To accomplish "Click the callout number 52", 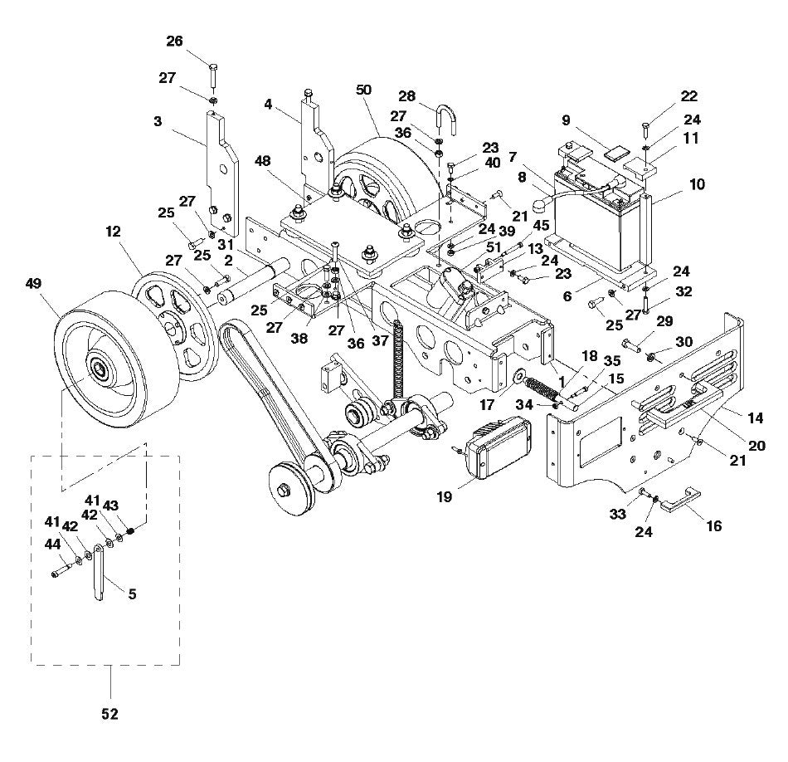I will point(110,713).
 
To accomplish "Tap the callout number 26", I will point(174,41).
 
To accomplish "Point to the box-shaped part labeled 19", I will point(495,447).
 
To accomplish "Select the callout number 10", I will point(698,183).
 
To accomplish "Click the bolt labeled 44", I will point(60,571).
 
